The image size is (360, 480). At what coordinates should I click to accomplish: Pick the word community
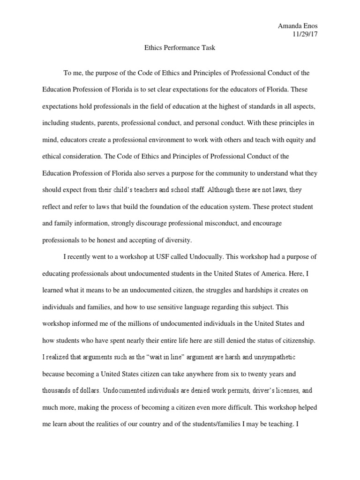(213, 172)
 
